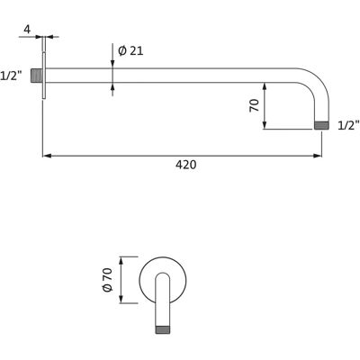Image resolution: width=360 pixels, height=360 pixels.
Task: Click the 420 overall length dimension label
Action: pyautogui.click(x=186, y=165)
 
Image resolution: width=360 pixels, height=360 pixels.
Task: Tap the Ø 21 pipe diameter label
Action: pyautogui.click(x=130, y=51)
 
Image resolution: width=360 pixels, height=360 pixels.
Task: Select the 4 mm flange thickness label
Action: pyautogui.click(x=27, y=30)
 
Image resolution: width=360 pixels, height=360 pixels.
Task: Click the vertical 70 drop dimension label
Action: pyautogui.click(x=254, y=105)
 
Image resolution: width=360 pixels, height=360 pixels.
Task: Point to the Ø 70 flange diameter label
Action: pyautogui.click(x=107, y=280)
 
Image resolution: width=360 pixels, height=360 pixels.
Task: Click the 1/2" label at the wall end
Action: pyautogui.click(x=11, y=76)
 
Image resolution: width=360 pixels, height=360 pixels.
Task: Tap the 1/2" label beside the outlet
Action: pyautogui.click(x=348, y=125)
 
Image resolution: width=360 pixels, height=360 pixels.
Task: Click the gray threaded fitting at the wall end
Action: pyautogui.click(x=36, y=76)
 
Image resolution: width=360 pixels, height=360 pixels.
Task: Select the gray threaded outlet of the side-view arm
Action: pyautogui.click(x=321, y=125)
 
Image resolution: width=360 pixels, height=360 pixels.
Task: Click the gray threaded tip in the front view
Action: pyautogui.click(x=163, y=329)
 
